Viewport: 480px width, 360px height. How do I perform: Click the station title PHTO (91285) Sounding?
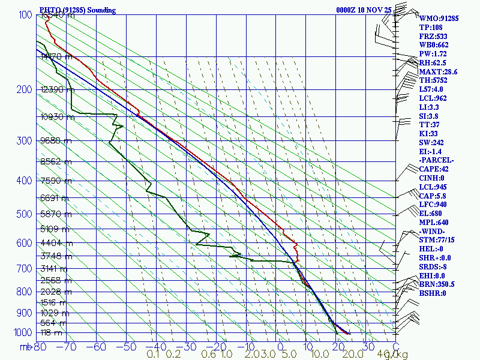point(77,10)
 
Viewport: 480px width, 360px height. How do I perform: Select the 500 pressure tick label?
point(25,214)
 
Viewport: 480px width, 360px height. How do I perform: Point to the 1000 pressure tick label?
point(23,332)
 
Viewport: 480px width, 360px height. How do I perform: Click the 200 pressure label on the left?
point(25,89)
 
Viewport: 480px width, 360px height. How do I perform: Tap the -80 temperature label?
point(39,346)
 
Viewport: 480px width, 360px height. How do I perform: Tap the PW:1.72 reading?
point(434,54)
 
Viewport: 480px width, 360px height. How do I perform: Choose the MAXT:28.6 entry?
point(439,72)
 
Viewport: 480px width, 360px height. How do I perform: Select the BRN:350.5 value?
point(437,284)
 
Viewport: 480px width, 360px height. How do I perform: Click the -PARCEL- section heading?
point(437,160)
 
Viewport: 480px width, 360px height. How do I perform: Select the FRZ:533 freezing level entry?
point(434,36)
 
